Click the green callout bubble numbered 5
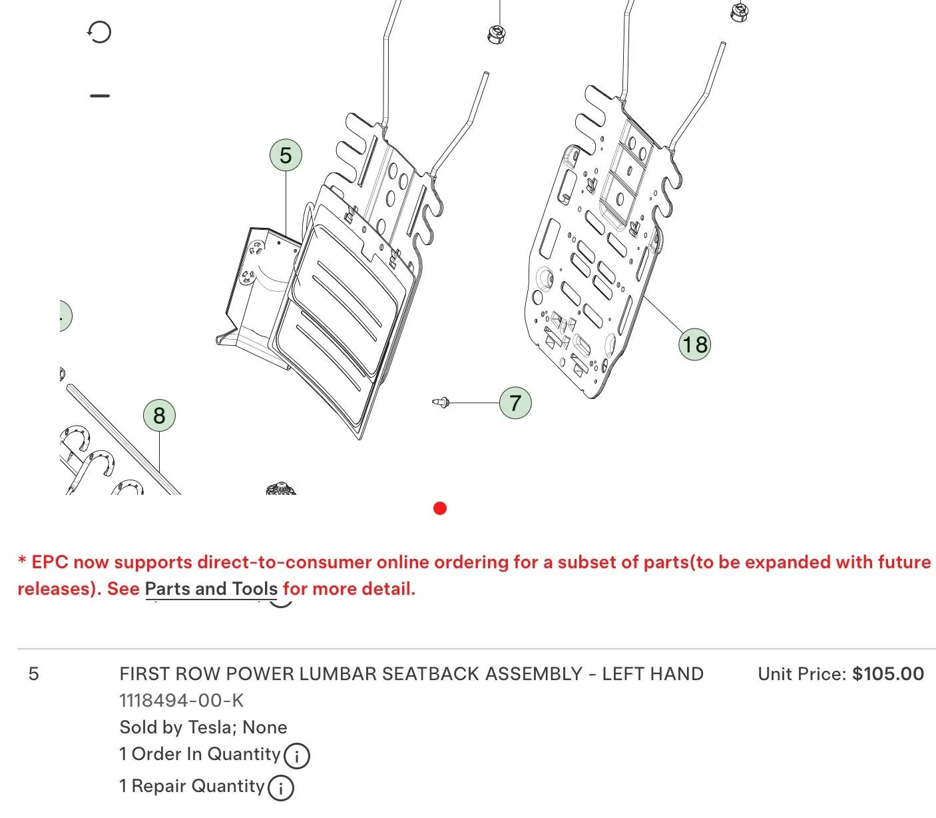point(286,155)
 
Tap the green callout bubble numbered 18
point(694,344)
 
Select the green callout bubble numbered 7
point(515,403)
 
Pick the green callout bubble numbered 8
point(159,416)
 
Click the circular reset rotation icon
point(99,32)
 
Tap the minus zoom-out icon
point(100,96)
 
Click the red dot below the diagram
point(439,508)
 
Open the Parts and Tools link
point(211,589)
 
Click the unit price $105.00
point(888,674)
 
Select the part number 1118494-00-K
point(181,700)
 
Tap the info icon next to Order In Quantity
point(296,755)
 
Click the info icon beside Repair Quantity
point(280,787)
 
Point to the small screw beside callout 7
point(441,402)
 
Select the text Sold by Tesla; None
point(203,727)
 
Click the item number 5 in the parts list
point(33,674)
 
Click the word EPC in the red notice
point(49,562)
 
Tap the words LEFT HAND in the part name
point(652,674)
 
